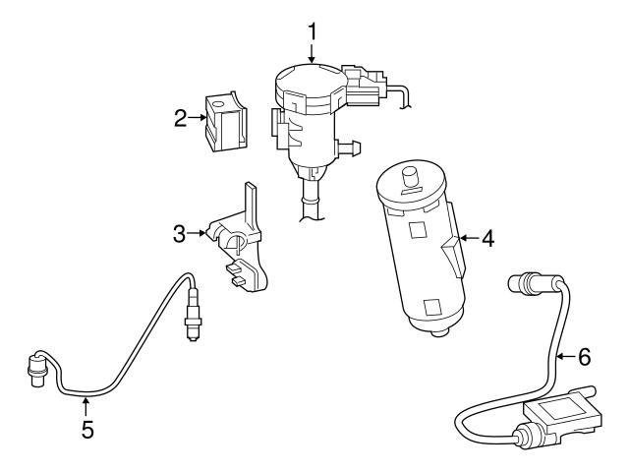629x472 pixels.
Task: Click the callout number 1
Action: (312, 30)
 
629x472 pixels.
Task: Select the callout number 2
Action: (181, 119)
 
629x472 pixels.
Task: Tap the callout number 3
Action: (179, 234)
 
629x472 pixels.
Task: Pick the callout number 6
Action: (583, 353)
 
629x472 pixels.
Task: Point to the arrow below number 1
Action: (312, 54)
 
